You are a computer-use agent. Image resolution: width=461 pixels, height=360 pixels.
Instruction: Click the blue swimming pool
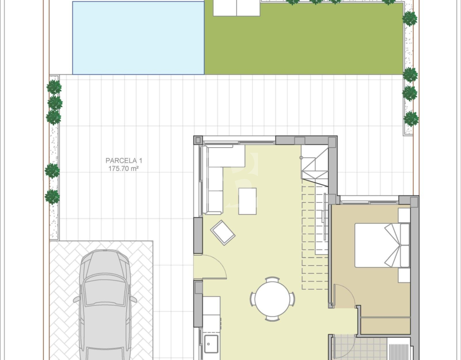[x=138, y=38]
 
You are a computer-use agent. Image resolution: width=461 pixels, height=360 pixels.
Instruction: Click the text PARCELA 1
[x=124, y=161]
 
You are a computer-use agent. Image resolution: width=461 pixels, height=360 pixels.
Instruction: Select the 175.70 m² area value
[x=123, y=168]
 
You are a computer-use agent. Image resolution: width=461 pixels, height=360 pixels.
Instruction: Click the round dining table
[x=272, y=299]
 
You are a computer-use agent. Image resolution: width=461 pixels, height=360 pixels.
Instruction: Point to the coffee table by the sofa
[x=247, y=201]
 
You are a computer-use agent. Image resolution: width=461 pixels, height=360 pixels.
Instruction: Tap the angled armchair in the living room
[x=222, y=233]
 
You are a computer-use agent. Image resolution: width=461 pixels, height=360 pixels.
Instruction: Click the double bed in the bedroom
[x=382, y=245]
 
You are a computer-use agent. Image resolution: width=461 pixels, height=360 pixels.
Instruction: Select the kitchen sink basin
[x=211, y=343]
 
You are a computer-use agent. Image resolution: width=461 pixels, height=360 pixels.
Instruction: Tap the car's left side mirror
[x=77, y=299]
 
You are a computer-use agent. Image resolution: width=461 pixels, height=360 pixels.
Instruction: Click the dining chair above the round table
[x=272, y=279]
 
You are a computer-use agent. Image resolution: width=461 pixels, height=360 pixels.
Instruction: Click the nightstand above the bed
[x=404, y=216]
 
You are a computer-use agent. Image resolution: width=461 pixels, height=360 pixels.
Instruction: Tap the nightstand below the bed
[x=404, y=275]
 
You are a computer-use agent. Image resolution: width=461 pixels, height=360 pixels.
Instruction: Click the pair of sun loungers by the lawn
[x=237, y=8]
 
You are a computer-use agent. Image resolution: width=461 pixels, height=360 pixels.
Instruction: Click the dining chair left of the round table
[x=253, y=299]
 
